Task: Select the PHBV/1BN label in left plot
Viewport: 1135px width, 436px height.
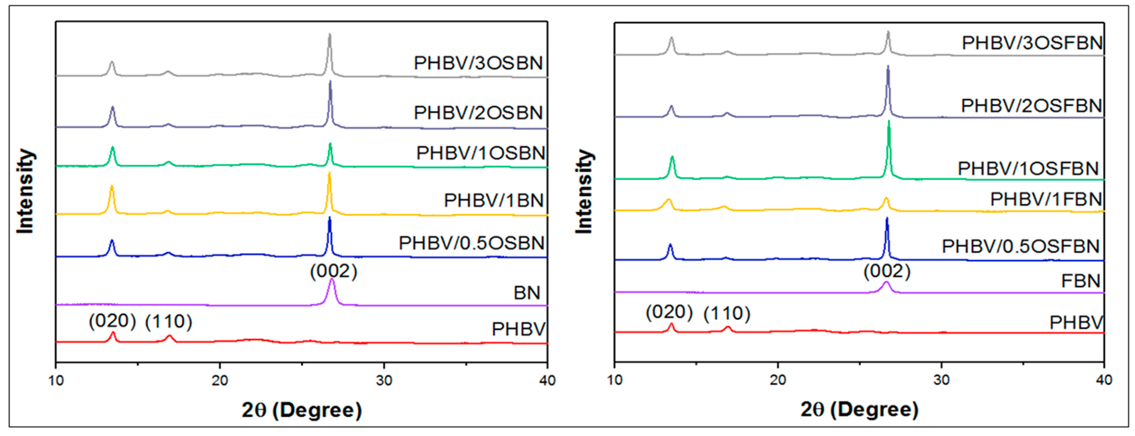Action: [493, 201]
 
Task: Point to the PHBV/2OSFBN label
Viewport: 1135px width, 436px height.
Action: [1031, 106]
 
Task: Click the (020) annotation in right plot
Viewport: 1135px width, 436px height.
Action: [669, 312]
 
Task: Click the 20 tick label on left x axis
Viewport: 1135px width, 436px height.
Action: [219, 380]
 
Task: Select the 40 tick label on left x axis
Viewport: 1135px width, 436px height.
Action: [547, 380]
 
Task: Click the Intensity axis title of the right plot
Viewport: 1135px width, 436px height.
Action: [584, 191]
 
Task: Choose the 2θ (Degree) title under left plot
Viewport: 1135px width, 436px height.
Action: [301, 410]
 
